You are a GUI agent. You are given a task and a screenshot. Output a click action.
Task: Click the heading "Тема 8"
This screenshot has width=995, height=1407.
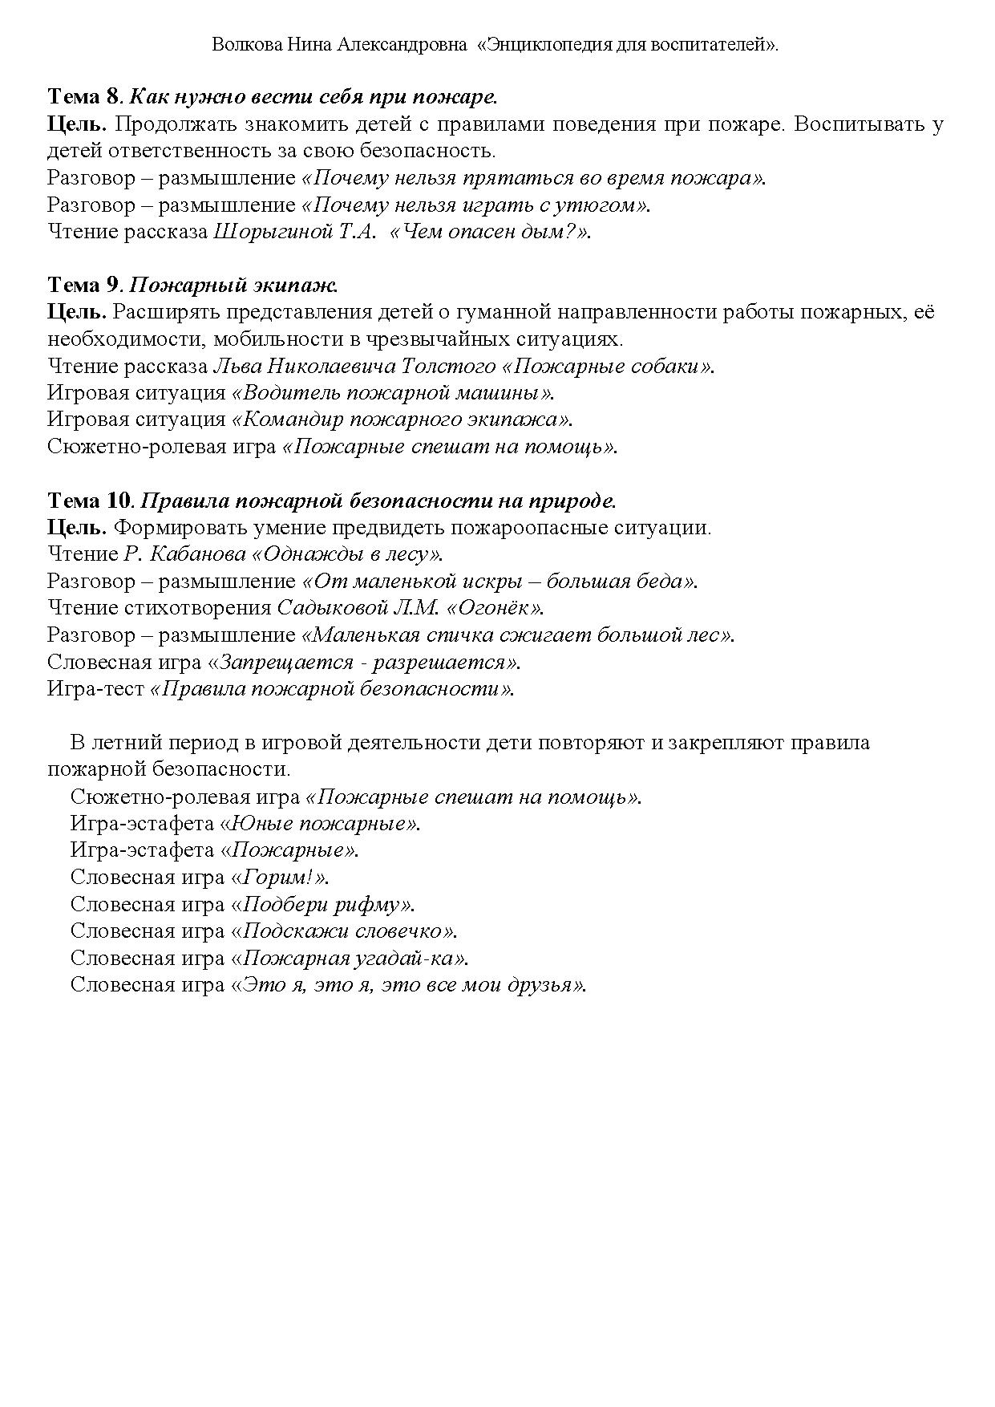pos(83,98)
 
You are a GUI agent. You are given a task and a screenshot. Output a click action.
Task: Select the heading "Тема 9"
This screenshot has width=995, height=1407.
pos(83,286)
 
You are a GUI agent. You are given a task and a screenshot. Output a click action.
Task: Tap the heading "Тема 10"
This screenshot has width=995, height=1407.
pos(89,501)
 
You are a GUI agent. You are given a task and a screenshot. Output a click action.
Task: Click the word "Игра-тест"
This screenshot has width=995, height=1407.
pos(95,689)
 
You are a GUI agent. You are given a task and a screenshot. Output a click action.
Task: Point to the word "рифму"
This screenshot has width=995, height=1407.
pos(366,905)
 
